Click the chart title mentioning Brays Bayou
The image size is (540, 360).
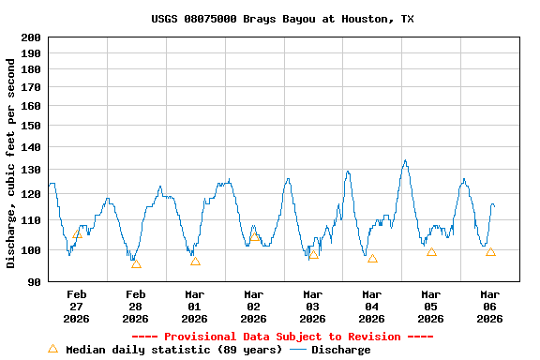pos(282,19)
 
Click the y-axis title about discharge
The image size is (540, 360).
pos(11,163)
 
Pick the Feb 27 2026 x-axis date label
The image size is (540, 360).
pos(76,307)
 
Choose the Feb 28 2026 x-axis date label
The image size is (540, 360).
pos(135,307)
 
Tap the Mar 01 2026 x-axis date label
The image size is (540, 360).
pos(194,307)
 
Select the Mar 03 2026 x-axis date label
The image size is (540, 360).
pos(312,307)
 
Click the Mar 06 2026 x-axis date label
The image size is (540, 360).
pos(489,307)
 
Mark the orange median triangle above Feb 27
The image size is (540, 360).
pos(77,233)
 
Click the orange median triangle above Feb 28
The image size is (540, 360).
pos(136,263)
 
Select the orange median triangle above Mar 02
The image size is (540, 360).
pos(254,236)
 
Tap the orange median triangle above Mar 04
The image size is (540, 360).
pos(372,258)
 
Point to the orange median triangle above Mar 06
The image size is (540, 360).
pos(490,251)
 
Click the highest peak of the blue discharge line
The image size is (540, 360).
pos(405,160)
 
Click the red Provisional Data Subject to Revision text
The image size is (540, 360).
pos(282,337)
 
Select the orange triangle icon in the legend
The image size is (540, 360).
pos(52,349)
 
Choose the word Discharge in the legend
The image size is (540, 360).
pos(340,350)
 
